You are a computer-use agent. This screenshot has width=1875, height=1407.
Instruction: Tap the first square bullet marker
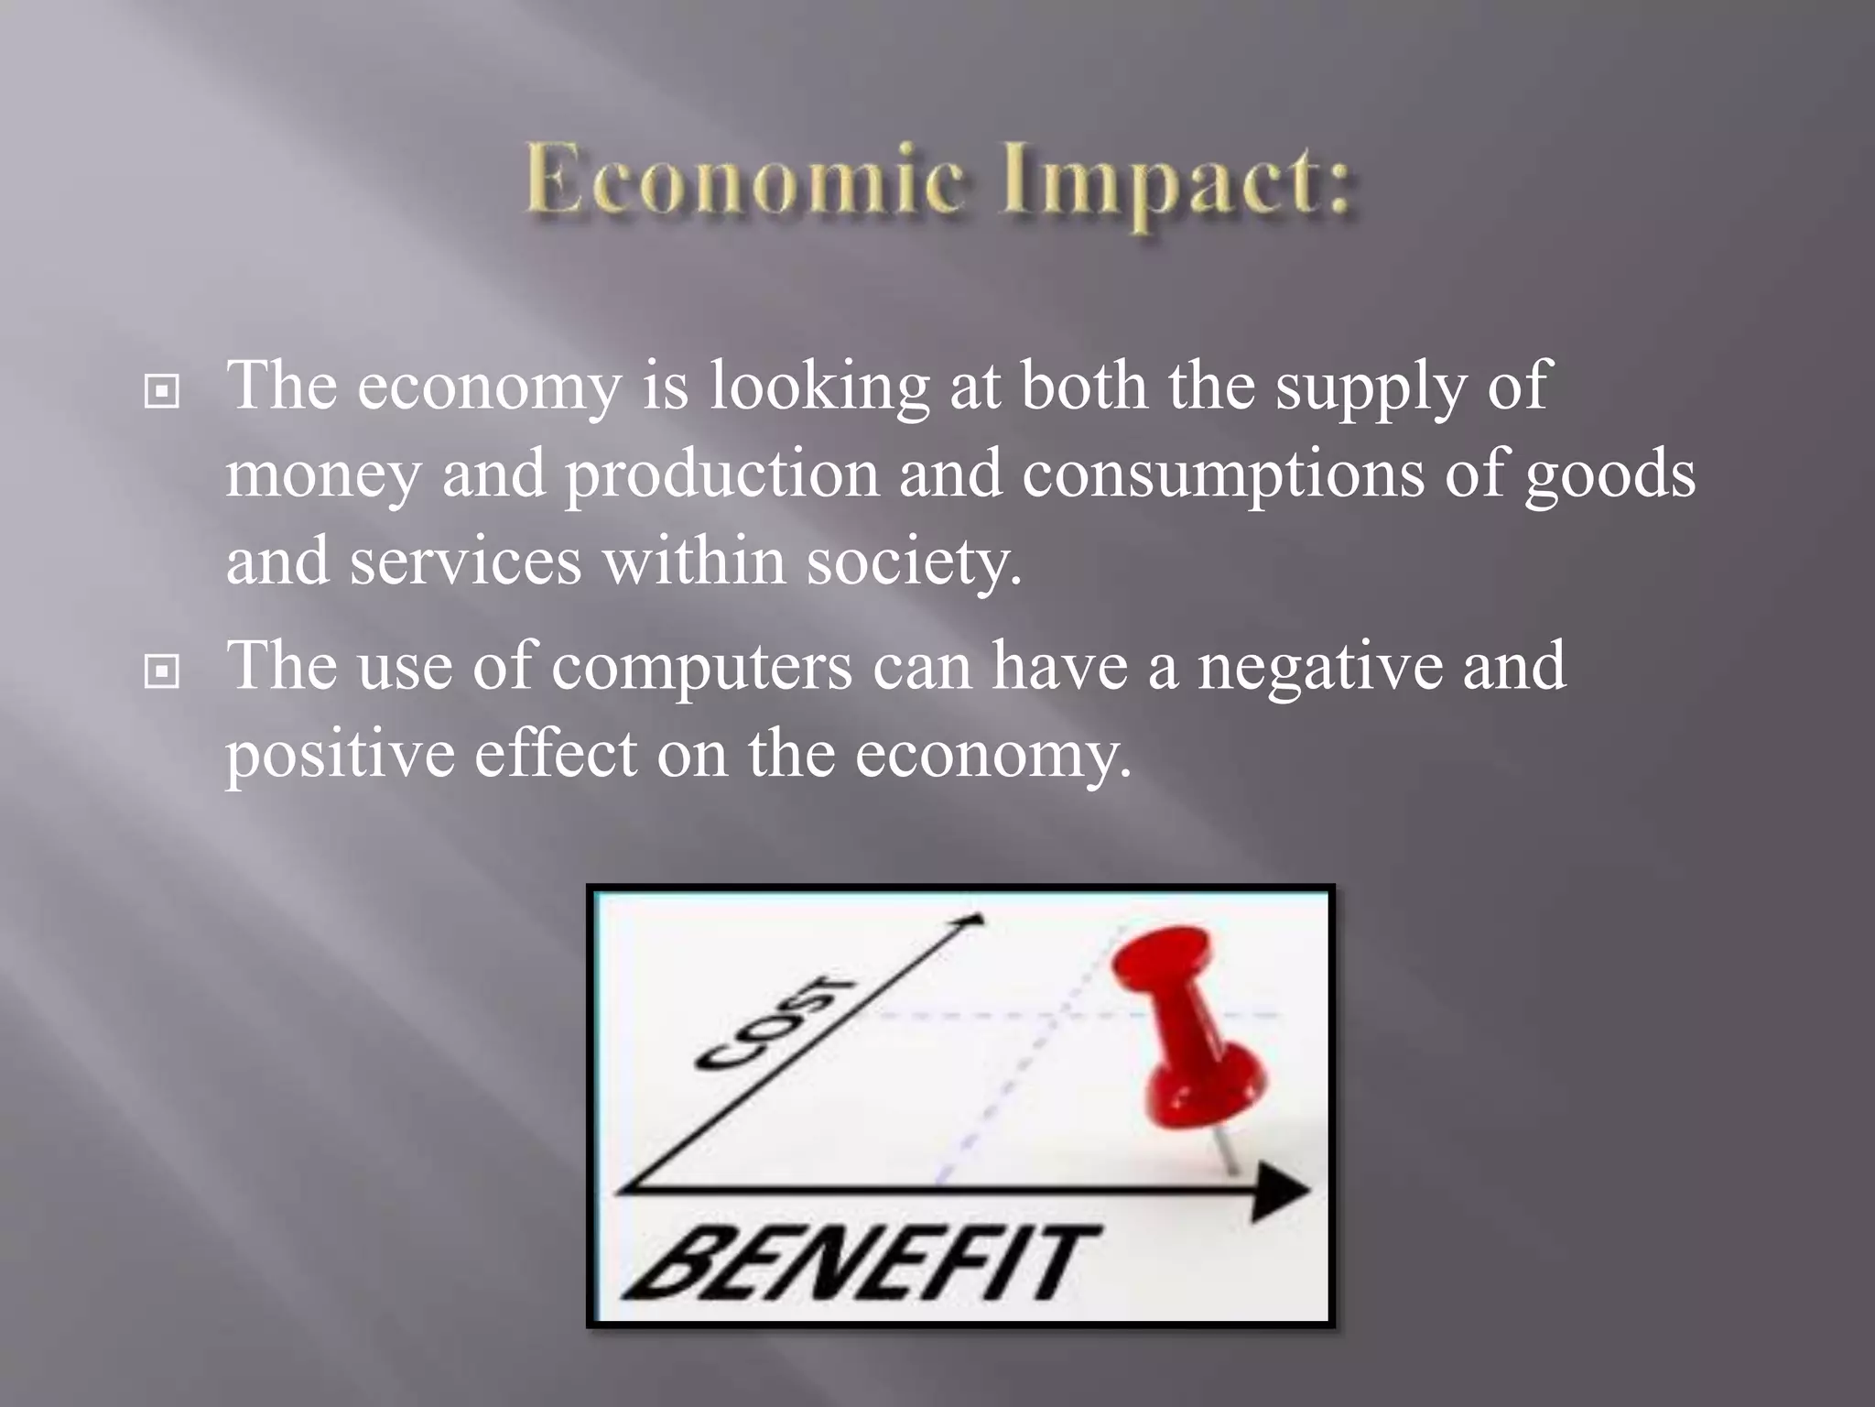[162, 392]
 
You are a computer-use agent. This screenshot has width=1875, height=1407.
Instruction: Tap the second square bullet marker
[162, 672]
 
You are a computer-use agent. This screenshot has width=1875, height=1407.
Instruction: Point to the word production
[721, 474]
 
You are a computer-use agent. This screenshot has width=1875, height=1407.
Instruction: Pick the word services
[465, 562]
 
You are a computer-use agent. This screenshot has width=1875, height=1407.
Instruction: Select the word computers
[701, 667]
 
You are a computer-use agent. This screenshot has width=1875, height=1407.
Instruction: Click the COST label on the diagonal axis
[775, 1022]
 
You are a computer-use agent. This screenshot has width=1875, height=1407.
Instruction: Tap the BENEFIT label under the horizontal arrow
[861, 1263]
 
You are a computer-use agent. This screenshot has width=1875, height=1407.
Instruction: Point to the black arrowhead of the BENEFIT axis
[1281, 1191]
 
